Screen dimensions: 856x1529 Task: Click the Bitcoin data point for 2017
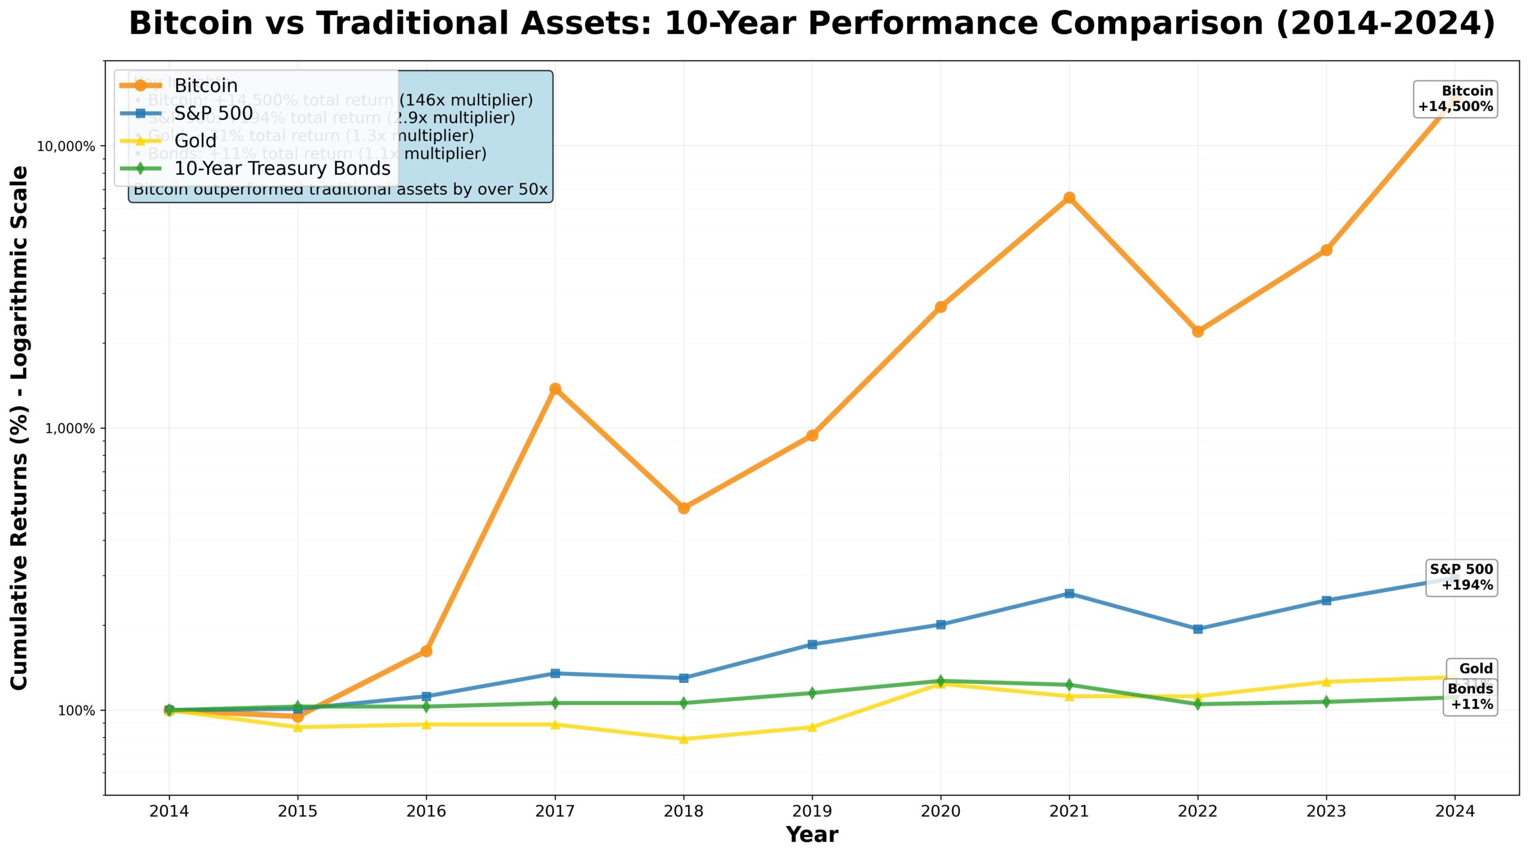click(555, 389)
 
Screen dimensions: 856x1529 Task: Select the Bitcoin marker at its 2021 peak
click(1069, 198)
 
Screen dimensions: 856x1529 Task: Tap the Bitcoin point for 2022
click(1198, 332)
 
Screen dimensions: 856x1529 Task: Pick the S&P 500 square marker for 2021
click(1069, 593)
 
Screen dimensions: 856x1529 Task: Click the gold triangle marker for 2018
click(684, 738)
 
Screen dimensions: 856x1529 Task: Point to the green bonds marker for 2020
click(941, 681)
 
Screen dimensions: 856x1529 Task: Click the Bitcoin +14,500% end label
click(1455, 99)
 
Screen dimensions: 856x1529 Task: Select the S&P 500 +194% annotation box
click(1461, 577)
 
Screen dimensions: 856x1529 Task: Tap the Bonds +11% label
click(1470, 697)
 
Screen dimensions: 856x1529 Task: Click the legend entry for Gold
click(195, 141)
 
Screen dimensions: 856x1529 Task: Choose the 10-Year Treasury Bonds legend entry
click(282, 168)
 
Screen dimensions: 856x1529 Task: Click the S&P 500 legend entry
click(213, 113)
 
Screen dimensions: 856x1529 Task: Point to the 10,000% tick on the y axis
click(66, 146)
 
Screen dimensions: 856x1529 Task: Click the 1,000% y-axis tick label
click(70, 429)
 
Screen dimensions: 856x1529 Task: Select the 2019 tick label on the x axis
click(812, 811)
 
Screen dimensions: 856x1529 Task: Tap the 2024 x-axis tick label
click(1454, 811)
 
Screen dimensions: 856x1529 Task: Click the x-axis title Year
click(812, 834)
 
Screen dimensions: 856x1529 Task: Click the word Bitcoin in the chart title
click(191, 24)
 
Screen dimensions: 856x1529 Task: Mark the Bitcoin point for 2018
click(684, 508)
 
